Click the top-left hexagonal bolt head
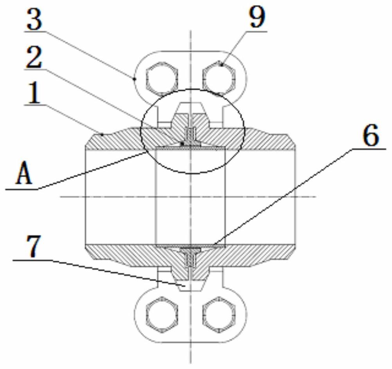tap(162, 76)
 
